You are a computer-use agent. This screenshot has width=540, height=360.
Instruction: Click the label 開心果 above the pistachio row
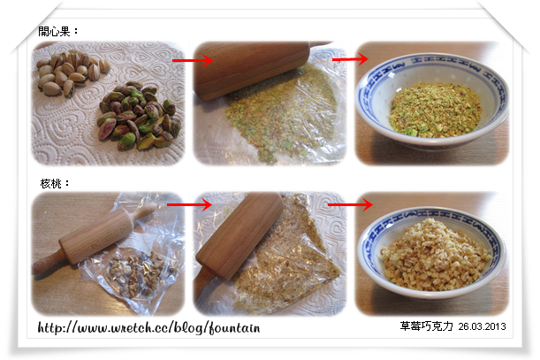pyautogui.click(x=54, y=32)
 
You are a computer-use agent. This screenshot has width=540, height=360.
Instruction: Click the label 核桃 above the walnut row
pyautogui.click(x=50, y=183)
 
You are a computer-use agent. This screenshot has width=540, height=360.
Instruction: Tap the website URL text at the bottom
pyautogui.click(x=148, y=327)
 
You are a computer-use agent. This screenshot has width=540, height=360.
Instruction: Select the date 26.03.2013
pyautogui.click(x=482, y=326)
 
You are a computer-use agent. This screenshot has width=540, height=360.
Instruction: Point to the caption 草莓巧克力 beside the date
pyautogui.click(x=426, y=326)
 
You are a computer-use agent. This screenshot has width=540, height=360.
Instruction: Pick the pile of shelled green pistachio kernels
pyautogui.click(x=139, y=116)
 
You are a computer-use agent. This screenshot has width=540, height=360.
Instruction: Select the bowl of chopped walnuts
pyautogui.click(x=431, y=253)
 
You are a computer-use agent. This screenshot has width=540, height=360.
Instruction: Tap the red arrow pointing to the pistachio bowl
pyautogui.click(x=350, y=59)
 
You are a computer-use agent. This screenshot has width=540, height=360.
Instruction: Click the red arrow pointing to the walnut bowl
pyautogui.click(x=350, y=205)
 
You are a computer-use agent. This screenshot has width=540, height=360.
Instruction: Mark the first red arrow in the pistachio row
pyautogui.click(x=192, y=60)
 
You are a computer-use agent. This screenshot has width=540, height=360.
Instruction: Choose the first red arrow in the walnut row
pyautogui.click(x=189, y=204)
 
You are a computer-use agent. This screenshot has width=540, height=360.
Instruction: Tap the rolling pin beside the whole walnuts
pyautogui.click(x=95, y=238)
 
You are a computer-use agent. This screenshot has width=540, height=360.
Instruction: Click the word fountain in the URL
pyautogui.click(x=234, y=327)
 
